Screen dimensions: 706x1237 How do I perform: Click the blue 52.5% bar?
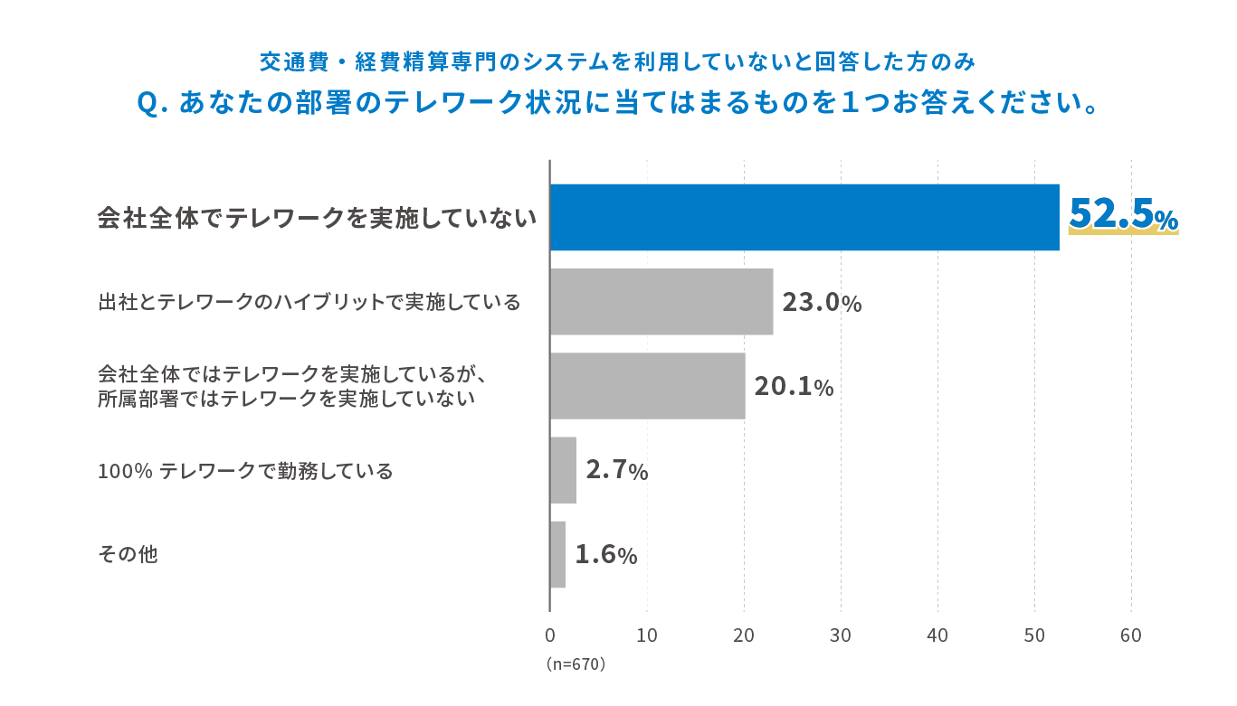804,217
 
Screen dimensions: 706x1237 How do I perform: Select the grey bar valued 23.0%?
661,302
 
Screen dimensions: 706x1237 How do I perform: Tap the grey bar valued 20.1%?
647,386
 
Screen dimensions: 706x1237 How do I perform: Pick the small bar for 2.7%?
563,470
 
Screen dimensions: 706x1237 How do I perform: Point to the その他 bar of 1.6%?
557,554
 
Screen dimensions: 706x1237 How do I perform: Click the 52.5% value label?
1123,215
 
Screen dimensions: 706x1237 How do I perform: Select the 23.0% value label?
822,303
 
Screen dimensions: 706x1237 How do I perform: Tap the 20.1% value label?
794,387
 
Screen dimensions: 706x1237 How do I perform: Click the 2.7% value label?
616,471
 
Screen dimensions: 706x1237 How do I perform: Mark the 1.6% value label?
605,555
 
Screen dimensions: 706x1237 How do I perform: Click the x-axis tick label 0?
550,635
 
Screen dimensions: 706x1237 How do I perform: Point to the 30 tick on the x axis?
841,635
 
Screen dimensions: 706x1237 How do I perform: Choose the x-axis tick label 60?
1130,635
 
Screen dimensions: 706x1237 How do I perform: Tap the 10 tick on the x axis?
647,635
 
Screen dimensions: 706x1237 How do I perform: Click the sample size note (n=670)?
576,664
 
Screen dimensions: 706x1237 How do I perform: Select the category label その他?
127,554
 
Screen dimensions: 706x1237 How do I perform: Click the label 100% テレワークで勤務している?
245,471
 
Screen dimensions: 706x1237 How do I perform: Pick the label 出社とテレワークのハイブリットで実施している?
309,302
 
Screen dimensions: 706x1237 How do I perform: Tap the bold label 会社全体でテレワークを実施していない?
317,218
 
